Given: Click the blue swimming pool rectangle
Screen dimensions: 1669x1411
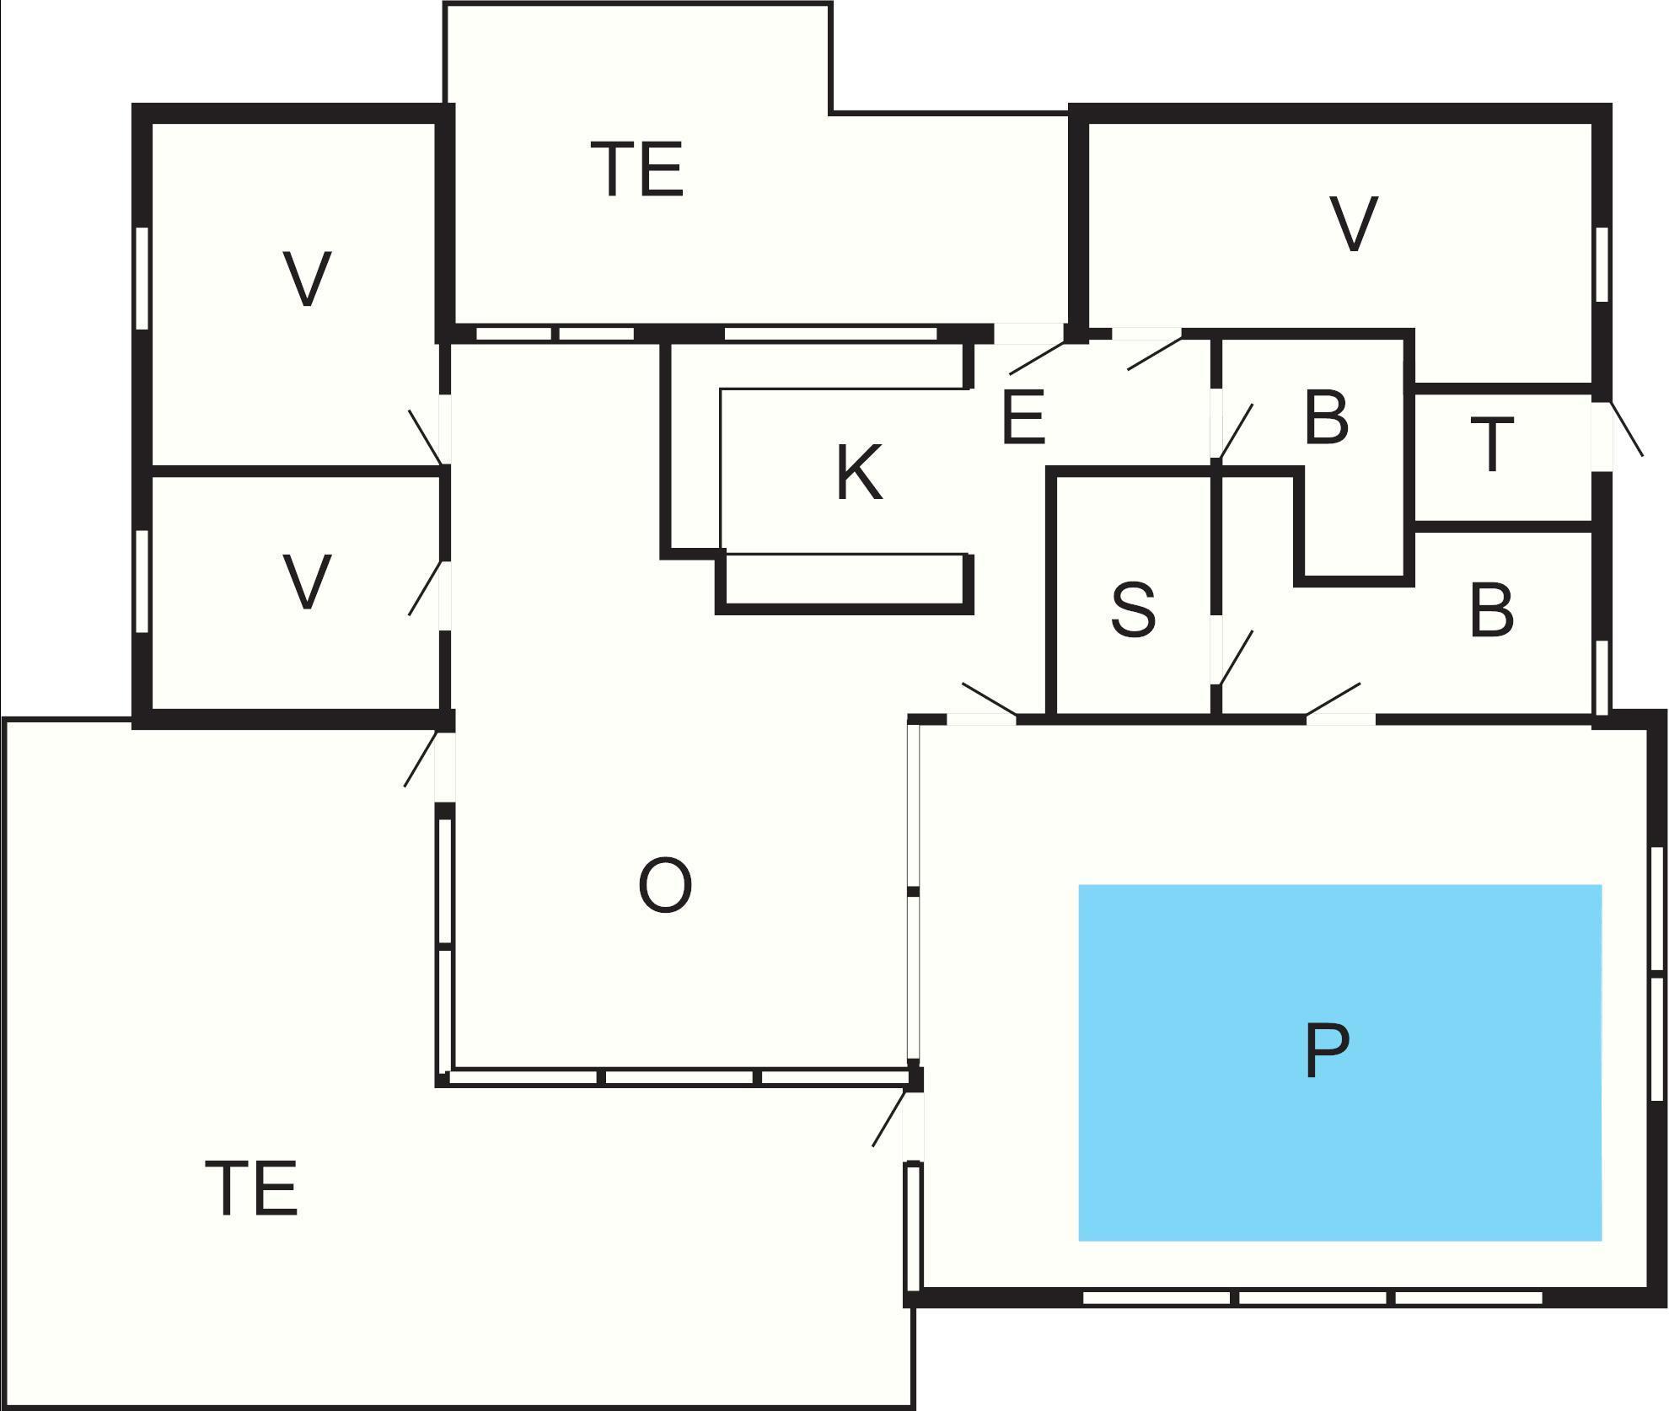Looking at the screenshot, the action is (x=1339, y=1062).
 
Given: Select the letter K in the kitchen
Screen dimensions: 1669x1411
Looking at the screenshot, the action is (x=860, y=473).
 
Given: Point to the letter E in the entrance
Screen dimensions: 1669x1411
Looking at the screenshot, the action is (x=1024, y=416).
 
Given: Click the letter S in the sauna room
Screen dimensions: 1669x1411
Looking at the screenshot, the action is (x=1134, y=609).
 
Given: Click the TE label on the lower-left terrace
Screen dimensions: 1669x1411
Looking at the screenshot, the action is (x=252, y=1188).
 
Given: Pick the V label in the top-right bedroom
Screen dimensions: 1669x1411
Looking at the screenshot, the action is (x=1354, y=223).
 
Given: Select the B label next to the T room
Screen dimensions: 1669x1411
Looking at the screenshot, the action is (x=1326, y=417).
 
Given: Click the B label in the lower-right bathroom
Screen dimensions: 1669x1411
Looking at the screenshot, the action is (x=1491, y=611).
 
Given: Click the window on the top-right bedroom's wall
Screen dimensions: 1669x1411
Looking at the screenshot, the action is (x=1602, y=264).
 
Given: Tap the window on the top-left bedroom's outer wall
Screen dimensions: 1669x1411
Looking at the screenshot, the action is (x=142, y=277).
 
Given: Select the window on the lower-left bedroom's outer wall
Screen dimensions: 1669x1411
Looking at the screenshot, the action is (x=142, y=581).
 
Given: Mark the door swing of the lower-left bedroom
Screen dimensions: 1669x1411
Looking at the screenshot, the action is (x=426, y=587).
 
